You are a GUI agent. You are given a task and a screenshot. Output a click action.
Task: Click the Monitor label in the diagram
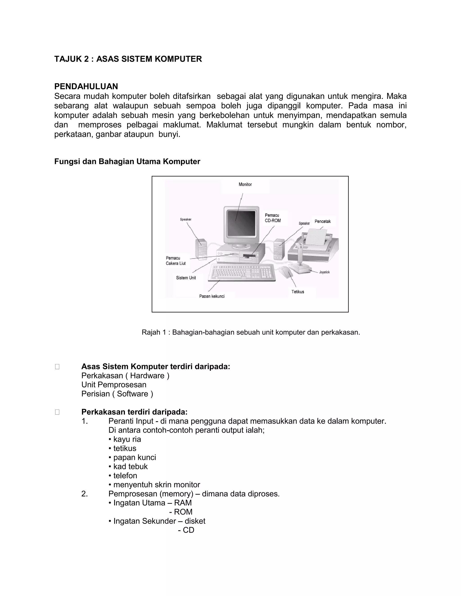[245, 184]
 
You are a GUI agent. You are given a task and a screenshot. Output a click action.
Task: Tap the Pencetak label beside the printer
[322, 221]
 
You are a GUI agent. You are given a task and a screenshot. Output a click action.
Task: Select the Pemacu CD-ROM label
[273, 218]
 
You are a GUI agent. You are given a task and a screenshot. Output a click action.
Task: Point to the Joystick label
[324, 272]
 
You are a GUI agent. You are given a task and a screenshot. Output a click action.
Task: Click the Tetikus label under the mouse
[297, 292]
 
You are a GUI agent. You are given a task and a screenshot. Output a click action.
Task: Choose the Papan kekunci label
[212, 296]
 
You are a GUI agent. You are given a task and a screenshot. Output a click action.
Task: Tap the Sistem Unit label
[186, 278]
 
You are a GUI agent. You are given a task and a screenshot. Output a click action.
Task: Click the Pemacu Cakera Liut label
[176, 261]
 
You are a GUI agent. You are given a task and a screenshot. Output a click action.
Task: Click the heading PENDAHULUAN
[86, 87]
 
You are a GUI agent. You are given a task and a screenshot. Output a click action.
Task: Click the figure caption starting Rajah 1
[251, 332]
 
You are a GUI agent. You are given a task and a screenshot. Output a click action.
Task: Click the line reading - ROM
[181, 512]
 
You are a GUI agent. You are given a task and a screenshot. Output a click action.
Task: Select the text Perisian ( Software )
[117, 394]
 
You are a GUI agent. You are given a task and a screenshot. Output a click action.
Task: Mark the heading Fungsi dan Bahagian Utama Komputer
[127, 161]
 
